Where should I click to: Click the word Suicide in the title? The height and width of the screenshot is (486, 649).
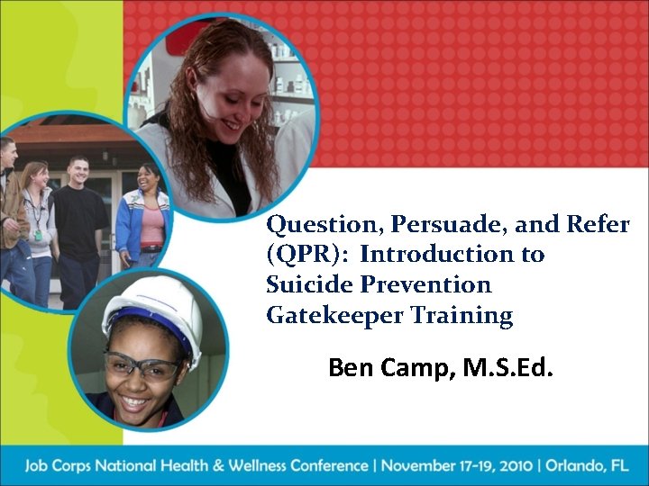point(304,284)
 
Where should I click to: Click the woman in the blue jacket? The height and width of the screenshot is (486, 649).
point(144,216)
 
